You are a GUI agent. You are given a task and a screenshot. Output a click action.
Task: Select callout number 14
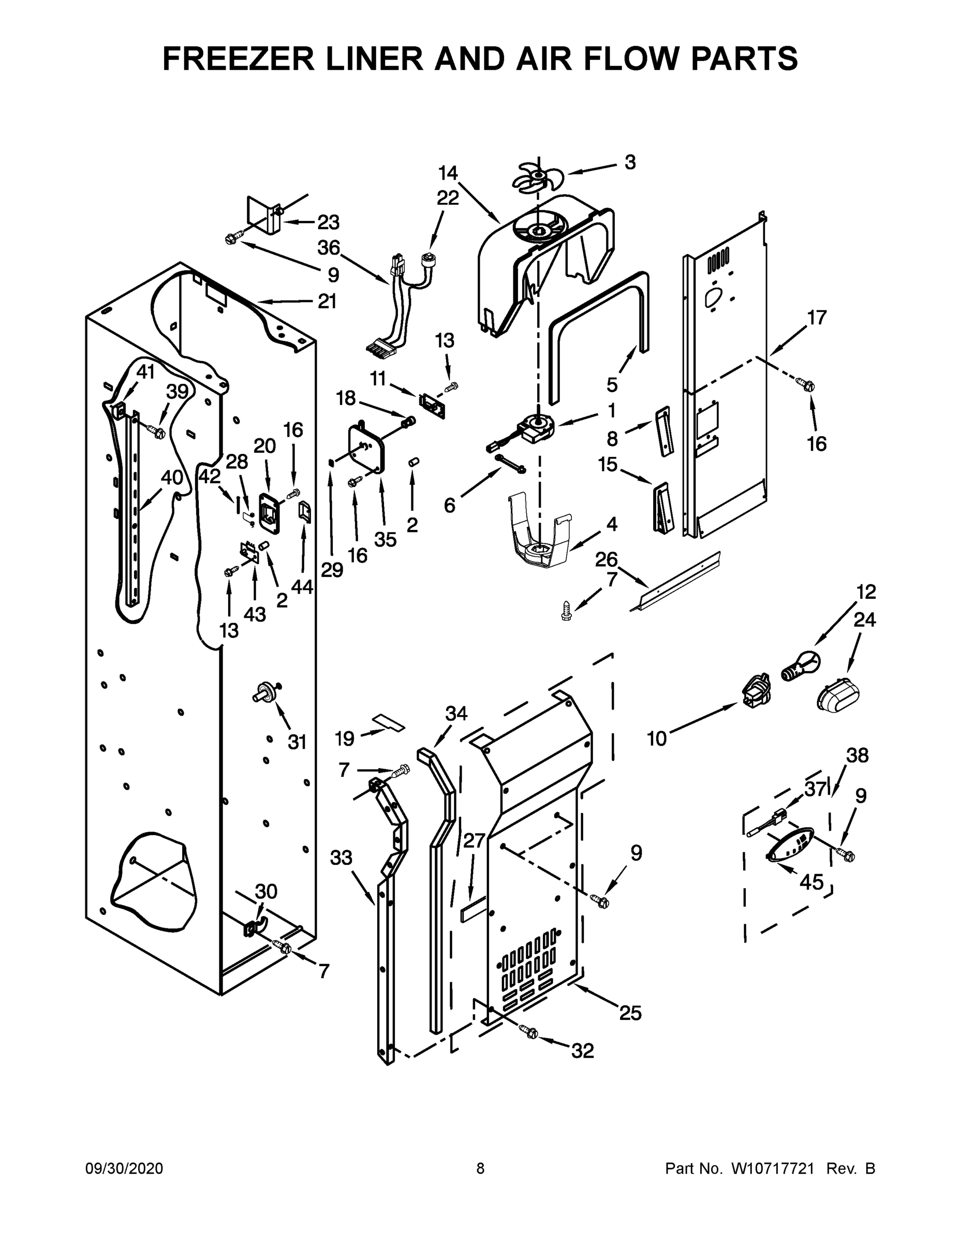click(x=448, y=172)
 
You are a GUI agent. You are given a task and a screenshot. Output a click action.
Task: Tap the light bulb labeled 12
click(x=802, y=667)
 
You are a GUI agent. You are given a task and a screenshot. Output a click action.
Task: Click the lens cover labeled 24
click(x=838, y=694)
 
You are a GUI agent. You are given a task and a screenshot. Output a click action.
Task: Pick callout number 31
click(x=297, y=742)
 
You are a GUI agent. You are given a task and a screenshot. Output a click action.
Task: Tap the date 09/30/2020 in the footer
click(x=124, y=1169)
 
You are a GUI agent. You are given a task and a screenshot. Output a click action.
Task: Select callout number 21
click(x=327, y=301)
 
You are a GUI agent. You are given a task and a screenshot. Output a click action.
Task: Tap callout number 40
click(x=172, y=478)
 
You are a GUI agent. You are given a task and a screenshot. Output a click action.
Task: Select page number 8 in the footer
click(x=480, y=1169)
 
